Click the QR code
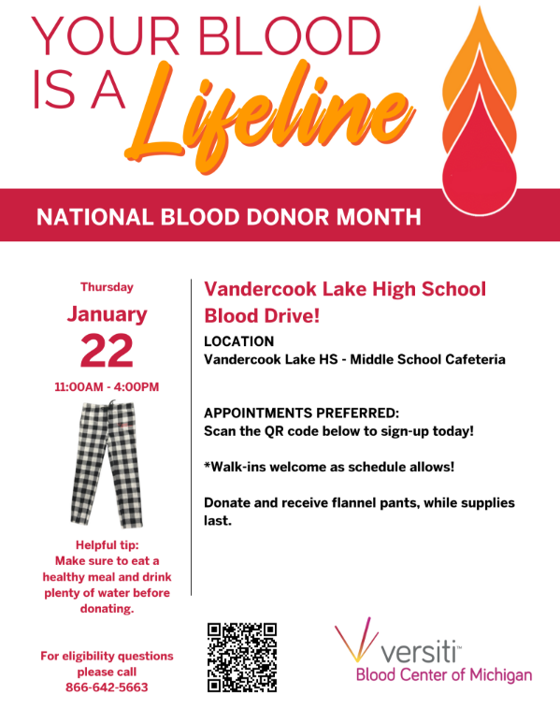coord(242,657)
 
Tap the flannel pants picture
coord(106,465)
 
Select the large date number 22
coord(107,352)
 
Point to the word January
coord(107,314)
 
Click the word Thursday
coord(107,287)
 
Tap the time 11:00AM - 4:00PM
coord(107,386)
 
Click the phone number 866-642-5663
coord(107,687)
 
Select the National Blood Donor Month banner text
coord(228,218)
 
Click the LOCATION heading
coord(239,341)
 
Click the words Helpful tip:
coord(107,545)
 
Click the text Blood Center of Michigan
coord(443,675)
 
